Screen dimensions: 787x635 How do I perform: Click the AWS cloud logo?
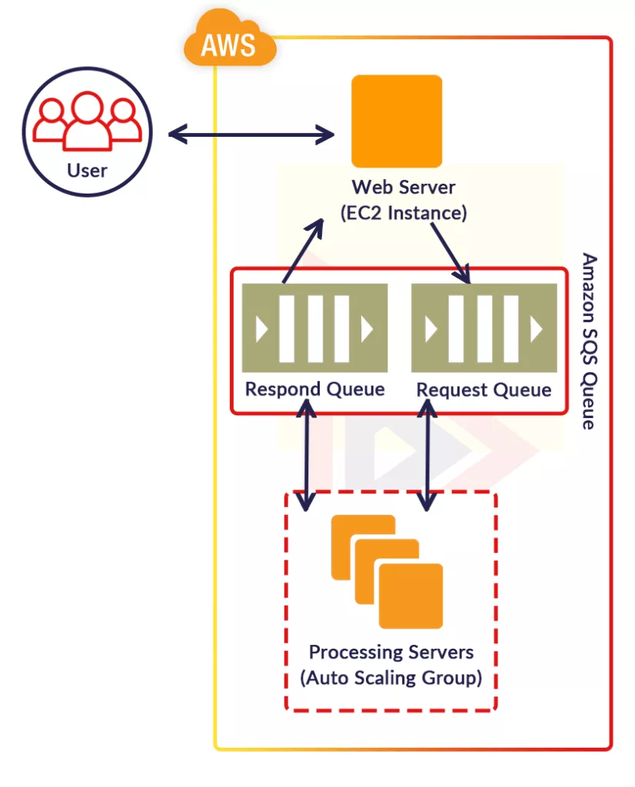coord(229,42)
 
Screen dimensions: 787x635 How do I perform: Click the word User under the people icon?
coord(87,170)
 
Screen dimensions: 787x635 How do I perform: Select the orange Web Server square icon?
coord(397,121)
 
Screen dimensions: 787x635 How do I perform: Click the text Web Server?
coord(404,187)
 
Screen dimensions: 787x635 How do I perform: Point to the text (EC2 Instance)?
coord(404,213)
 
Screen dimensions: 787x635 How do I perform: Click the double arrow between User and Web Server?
coord(251,134)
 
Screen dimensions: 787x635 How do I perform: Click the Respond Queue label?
coord(314,389)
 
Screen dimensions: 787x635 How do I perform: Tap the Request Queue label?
coord(484,390)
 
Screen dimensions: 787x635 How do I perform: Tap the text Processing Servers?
coord(391,653)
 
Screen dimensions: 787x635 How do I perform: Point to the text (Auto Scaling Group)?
coord(391,679)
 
